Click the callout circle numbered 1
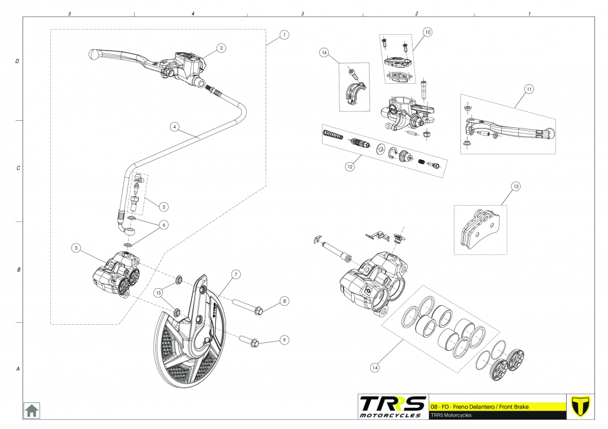tap(285, 35)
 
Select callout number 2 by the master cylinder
tap(221, 48)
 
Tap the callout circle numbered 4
tap(174, 126)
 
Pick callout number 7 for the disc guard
tap(235, 275)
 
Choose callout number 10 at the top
tap(427, 31)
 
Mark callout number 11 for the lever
tap(529, 89)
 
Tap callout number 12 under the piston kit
tap(350, 167)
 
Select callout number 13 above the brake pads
tap(515, 187)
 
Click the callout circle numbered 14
tap(374, 367)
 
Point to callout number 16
tap(324, 52)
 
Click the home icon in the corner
tap(31, 410)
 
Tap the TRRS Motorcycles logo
tap(393, 406)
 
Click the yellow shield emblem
tap(582, 406)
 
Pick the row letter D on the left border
tap(18, 61)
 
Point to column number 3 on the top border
tap(302, 13)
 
